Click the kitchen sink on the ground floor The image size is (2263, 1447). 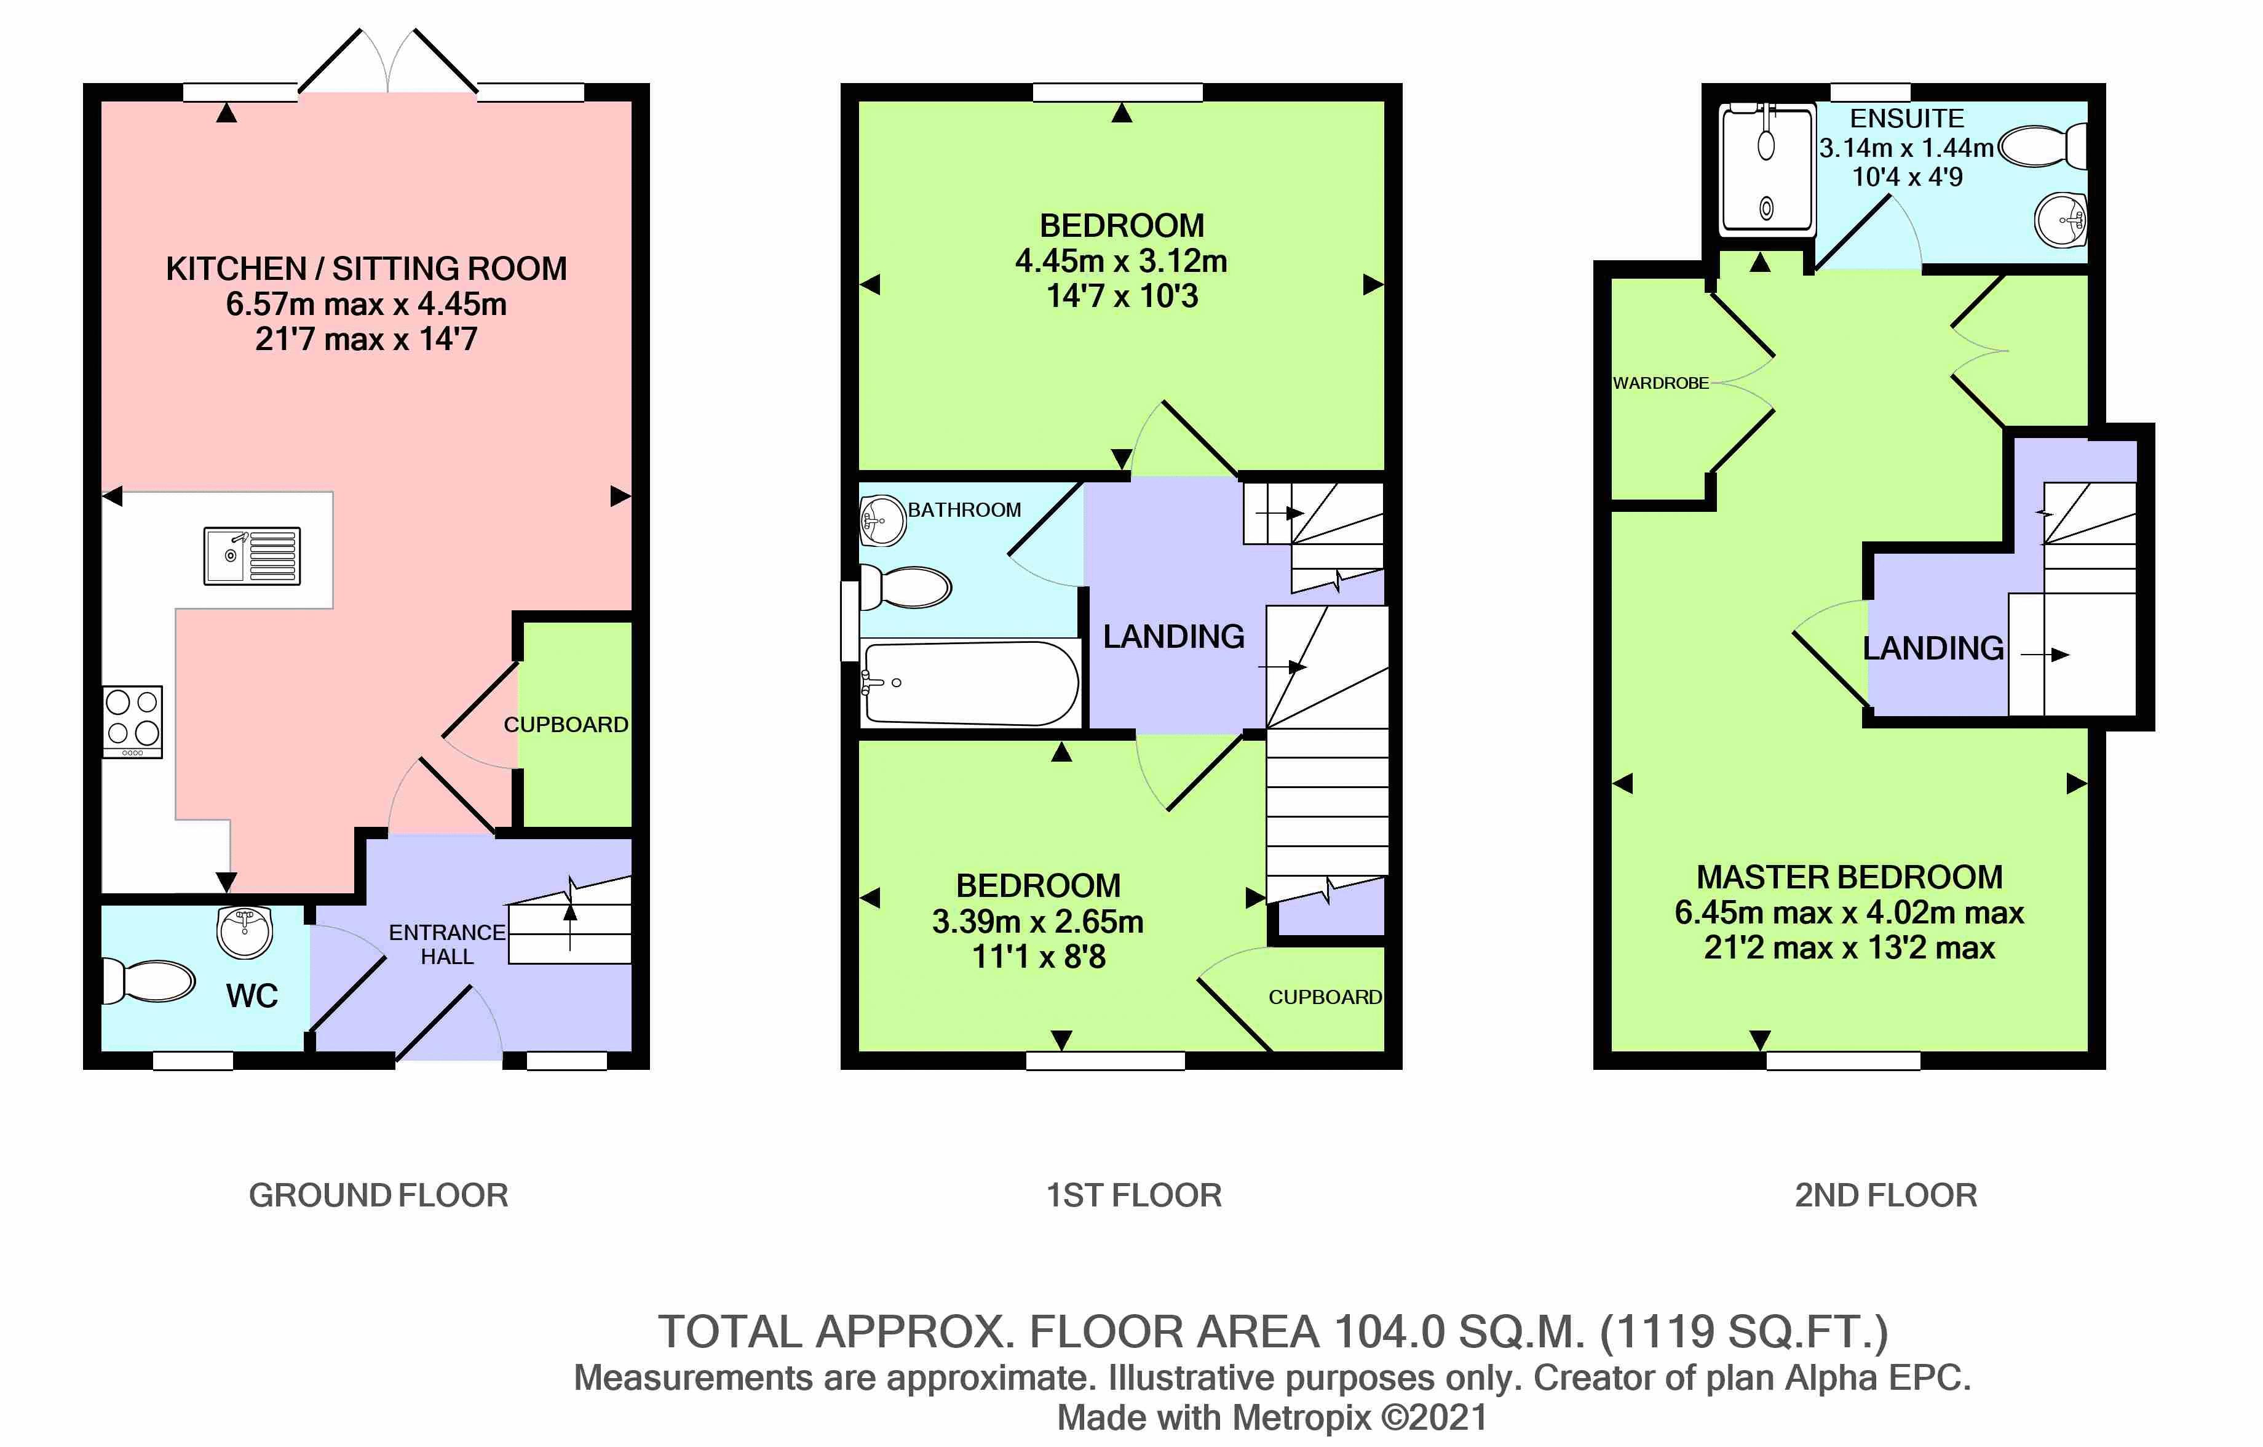tap(253, 556)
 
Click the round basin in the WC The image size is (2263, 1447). tap(244, 932)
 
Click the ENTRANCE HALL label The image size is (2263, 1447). tap(447, 944)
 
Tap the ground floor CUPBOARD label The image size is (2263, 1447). tap(566, 725)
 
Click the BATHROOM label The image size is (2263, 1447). tap(964, 509)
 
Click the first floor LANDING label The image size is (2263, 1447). tap(1174, 637)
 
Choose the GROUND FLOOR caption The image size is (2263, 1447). tap(379, 1195)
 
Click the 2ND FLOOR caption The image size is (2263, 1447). tap(1886, 1195)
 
